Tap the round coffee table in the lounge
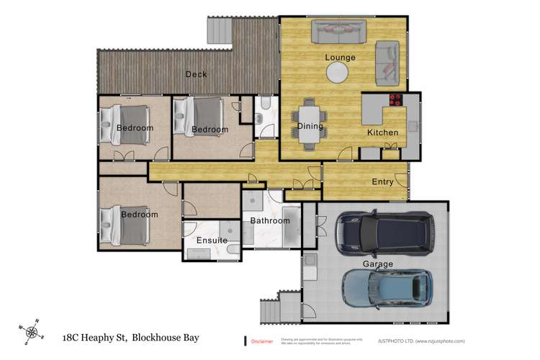(338, 73)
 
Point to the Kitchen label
(382, 133)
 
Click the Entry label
(382, 181)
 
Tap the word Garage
(378, 264)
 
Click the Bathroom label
(270, 221)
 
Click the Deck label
(196, 74)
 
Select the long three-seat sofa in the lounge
(339, 31)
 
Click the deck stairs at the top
(219, 30)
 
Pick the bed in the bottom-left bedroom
(123, 225)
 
